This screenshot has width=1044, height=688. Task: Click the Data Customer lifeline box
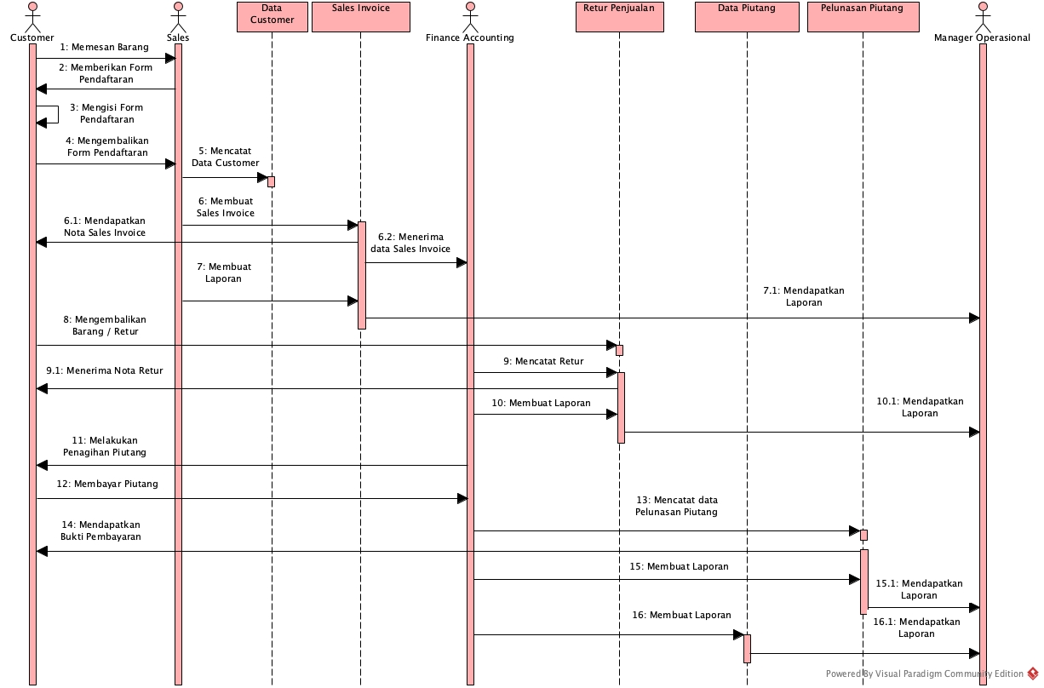pyautogui.click(x=272, y=16)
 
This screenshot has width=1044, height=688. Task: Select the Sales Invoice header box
pyautogui.click(x=361, y=16)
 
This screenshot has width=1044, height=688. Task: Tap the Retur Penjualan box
pyautogui.click(x=619, y=16)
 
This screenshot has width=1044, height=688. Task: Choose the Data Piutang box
pyautogui.click(x=747, y=16)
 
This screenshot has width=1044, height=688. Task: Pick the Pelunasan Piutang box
pyautogui.click(x=862, y=16)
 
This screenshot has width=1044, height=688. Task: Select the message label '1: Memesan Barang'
pyautogui.click(x=104, y=47)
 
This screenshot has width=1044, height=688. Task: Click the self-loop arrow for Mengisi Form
pyautogui.click(x=49, y=114)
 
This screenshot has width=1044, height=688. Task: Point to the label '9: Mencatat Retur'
pyautogui.click(x=542, y=361)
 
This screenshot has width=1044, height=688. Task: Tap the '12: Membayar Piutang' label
pyautogui.click(x=107, y=484)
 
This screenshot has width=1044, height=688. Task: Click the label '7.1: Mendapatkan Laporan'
pyautogui.click(x=804, y=296)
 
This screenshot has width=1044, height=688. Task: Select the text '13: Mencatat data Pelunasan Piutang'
pyautogui.click(x=676, y=506)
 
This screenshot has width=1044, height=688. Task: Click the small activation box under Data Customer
pyautogui.click(x=271, y=181)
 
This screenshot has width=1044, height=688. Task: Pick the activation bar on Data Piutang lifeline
pyautogui.click(x=747, y=648)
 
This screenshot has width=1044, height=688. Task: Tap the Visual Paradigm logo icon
pyautogui.click(x=1033, y=674)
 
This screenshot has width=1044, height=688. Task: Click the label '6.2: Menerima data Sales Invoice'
pyautogui.click(x=410, y=243)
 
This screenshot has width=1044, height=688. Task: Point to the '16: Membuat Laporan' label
pyautogui.click(x=681, y=615)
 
